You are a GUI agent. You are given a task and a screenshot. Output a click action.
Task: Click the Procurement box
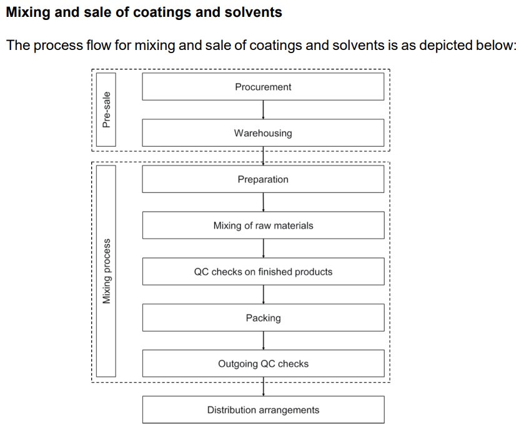(x=263, y=87)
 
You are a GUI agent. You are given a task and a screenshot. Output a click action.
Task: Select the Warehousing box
(x=263, y=133)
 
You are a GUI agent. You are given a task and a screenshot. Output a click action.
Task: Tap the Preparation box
(x=263, y=179)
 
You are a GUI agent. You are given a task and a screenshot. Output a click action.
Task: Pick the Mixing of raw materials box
(x=263, y=225)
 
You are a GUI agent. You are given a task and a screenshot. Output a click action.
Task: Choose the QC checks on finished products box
(x=263, y=272)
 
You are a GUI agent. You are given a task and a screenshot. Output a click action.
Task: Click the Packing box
(x=263, y=318)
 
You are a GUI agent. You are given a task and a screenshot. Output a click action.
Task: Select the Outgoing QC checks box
(x=263, y=364)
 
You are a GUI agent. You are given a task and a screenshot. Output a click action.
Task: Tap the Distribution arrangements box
(x=263, y=410)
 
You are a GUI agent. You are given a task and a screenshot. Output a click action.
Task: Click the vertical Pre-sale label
(x=107, y=110)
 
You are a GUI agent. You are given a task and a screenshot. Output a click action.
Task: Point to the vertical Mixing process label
(x=107, y=272)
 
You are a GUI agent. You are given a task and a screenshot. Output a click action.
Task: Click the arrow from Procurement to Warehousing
(x=264, y=110)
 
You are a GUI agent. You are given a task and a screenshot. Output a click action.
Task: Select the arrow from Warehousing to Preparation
(x=264, y=156)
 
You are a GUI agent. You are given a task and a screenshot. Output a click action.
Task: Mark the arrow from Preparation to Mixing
(x=264, y=202)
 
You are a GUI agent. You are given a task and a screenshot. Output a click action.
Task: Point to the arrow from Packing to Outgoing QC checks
(x=264, y=341)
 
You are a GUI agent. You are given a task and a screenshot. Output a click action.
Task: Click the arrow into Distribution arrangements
(x=264, y=387)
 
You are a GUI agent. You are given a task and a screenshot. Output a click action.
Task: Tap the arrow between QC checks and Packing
(x=264, y=295)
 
